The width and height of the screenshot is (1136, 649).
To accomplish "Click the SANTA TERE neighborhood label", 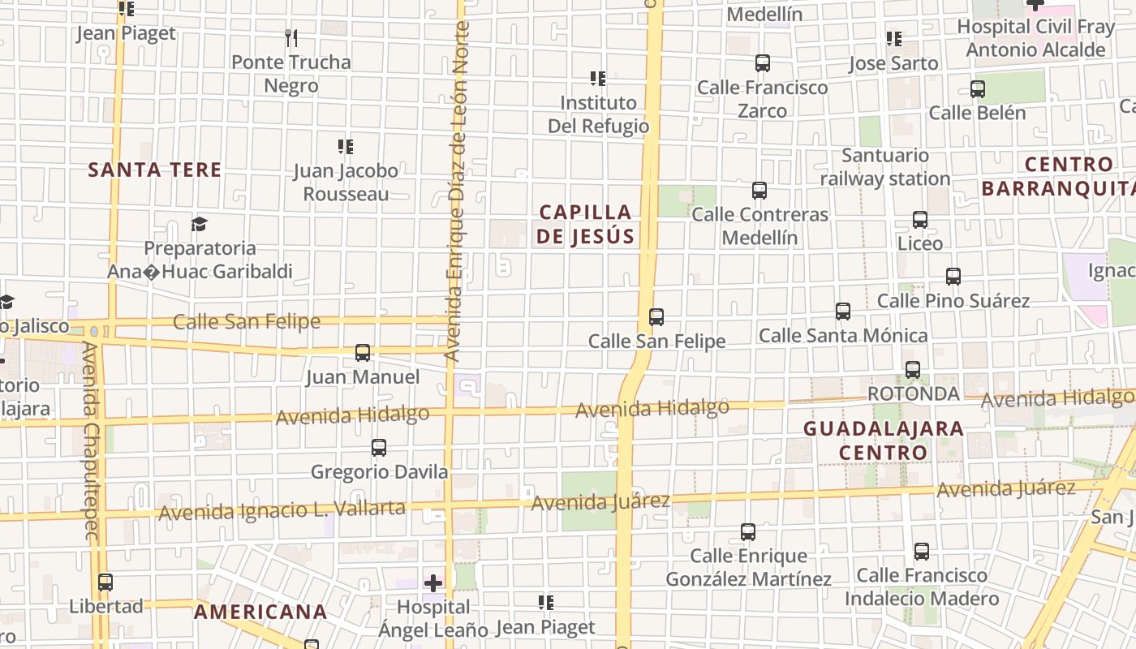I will coord(154,170).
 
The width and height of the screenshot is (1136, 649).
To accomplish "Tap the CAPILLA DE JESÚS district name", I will coord(585,224).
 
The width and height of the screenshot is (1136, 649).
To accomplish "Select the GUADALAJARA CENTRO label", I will coord(884,440).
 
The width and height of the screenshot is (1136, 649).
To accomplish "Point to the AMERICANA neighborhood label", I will coord(260,612).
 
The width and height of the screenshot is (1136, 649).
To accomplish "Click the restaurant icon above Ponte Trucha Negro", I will coord(291,37).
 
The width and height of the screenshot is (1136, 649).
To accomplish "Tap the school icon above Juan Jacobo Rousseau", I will coord(346,147).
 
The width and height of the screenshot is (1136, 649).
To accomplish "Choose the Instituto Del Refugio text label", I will coord(599,114).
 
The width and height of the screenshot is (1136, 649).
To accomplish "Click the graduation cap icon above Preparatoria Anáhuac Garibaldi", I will coord(199,224).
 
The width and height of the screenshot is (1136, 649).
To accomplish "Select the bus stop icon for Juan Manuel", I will coord(363,353).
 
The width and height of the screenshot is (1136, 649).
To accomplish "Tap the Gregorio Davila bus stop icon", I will coord(379,447).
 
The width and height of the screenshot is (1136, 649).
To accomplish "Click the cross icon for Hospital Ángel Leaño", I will coord(433,582).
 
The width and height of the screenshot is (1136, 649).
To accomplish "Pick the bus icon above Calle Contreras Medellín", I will coord(759,191).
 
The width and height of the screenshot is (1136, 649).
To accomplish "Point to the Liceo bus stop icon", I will coord(920,220).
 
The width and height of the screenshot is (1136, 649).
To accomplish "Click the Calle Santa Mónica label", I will coord(843,335).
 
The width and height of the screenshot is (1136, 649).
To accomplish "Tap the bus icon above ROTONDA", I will coord(913,370).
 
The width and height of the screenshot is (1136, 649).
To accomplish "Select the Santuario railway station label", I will coord(884,166).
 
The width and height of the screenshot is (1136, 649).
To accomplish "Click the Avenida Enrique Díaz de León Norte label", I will coord(458,191).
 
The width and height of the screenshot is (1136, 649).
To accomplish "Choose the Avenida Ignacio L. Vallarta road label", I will coord(282,510).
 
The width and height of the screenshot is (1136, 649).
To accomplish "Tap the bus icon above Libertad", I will coord(105,582).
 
